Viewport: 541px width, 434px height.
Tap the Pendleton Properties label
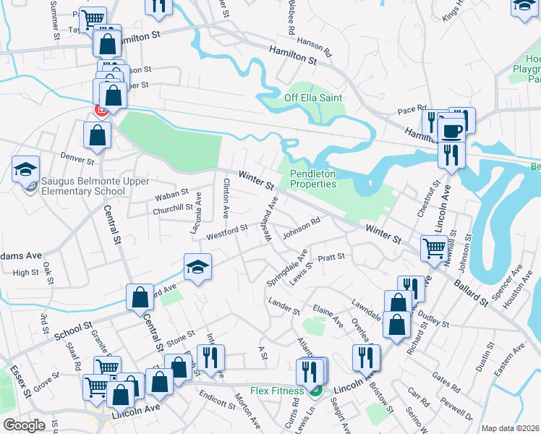click(x=313, y=179)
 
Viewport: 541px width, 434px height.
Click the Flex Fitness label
click(x=276, y=391)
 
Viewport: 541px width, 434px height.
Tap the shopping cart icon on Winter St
click(x=435, y=248)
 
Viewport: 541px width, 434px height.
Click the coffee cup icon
click(x=452, y=131)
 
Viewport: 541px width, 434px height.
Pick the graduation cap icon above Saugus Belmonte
click(x=25, y=169)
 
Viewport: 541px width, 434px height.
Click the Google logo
click(x=24, y=425)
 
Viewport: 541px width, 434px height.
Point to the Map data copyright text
click(x=510, y=428)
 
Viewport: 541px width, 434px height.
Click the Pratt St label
click(x=331, y=257)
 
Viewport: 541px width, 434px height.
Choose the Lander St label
click(x=284, y=307)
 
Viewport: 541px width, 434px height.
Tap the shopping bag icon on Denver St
click(x=97, y=134)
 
